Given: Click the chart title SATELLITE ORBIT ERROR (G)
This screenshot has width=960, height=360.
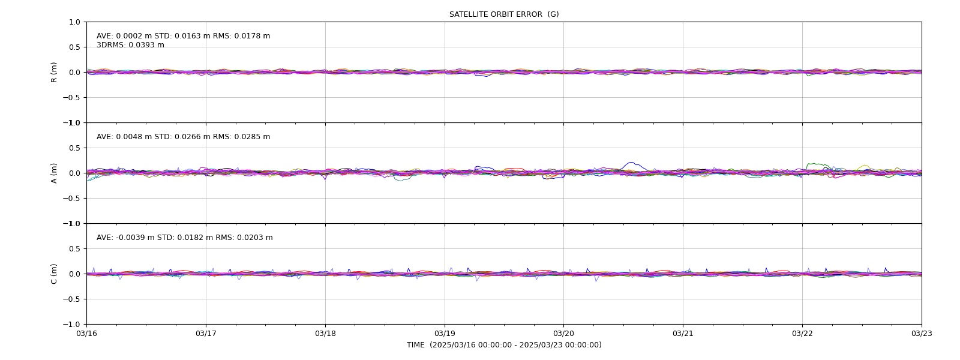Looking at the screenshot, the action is pos(504,14).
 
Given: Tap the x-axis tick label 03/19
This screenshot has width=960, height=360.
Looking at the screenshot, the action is pos(445,334).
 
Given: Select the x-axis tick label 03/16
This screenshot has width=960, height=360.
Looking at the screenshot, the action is pos(86,334).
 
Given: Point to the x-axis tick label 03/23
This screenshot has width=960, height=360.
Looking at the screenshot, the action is pos(922,334).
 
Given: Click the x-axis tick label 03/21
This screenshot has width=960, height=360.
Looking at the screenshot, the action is pos(683,334).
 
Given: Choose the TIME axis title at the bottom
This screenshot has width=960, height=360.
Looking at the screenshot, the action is pos(504,345).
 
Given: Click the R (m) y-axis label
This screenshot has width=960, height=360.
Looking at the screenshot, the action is pos(53,73).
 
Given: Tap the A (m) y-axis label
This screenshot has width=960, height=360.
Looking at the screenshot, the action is pos(53,173).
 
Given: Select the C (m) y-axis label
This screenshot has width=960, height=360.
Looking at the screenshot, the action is pos(53,274).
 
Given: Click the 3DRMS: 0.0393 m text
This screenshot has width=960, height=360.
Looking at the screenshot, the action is pos(130,45).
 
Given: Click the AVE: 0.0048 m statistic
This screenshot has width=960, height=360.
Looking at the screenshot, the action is pos(124,137).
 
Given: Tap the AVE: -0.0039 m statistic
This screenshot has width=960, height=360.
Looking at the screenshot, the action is pos(125,238).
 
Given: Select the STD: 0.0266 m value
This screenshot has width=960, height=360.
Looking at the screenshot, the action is pos(182,137).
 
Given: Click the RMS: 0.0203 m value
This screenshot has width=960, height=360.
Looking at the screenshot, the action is pos(244,238).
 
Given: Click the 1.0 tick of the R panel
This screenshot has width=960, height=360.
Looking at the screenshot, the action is pos(74,22).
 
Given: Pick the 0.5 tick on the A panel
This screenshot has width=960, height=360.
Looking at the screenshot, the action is pos(74,148).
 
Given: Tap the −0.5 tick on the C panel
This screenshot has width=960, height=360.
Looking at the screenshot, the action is pos(71,299).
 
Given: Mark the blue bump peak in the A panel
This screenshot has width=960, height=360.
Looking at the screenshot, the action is pos(631,163).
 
